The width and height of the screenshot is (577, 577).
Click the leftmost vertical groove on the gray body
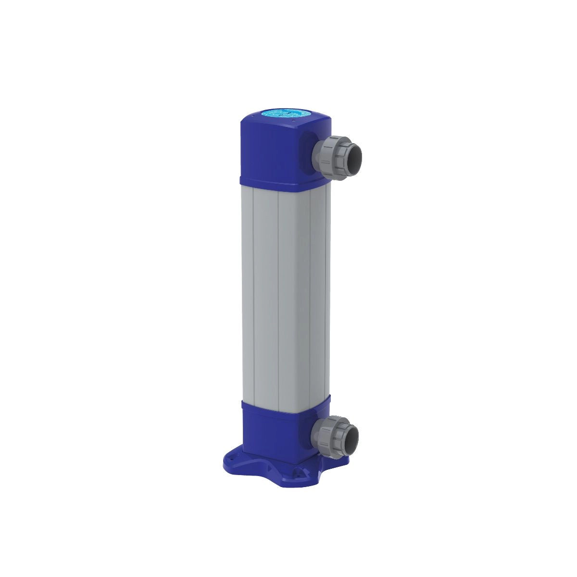[x=253, y=298]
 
